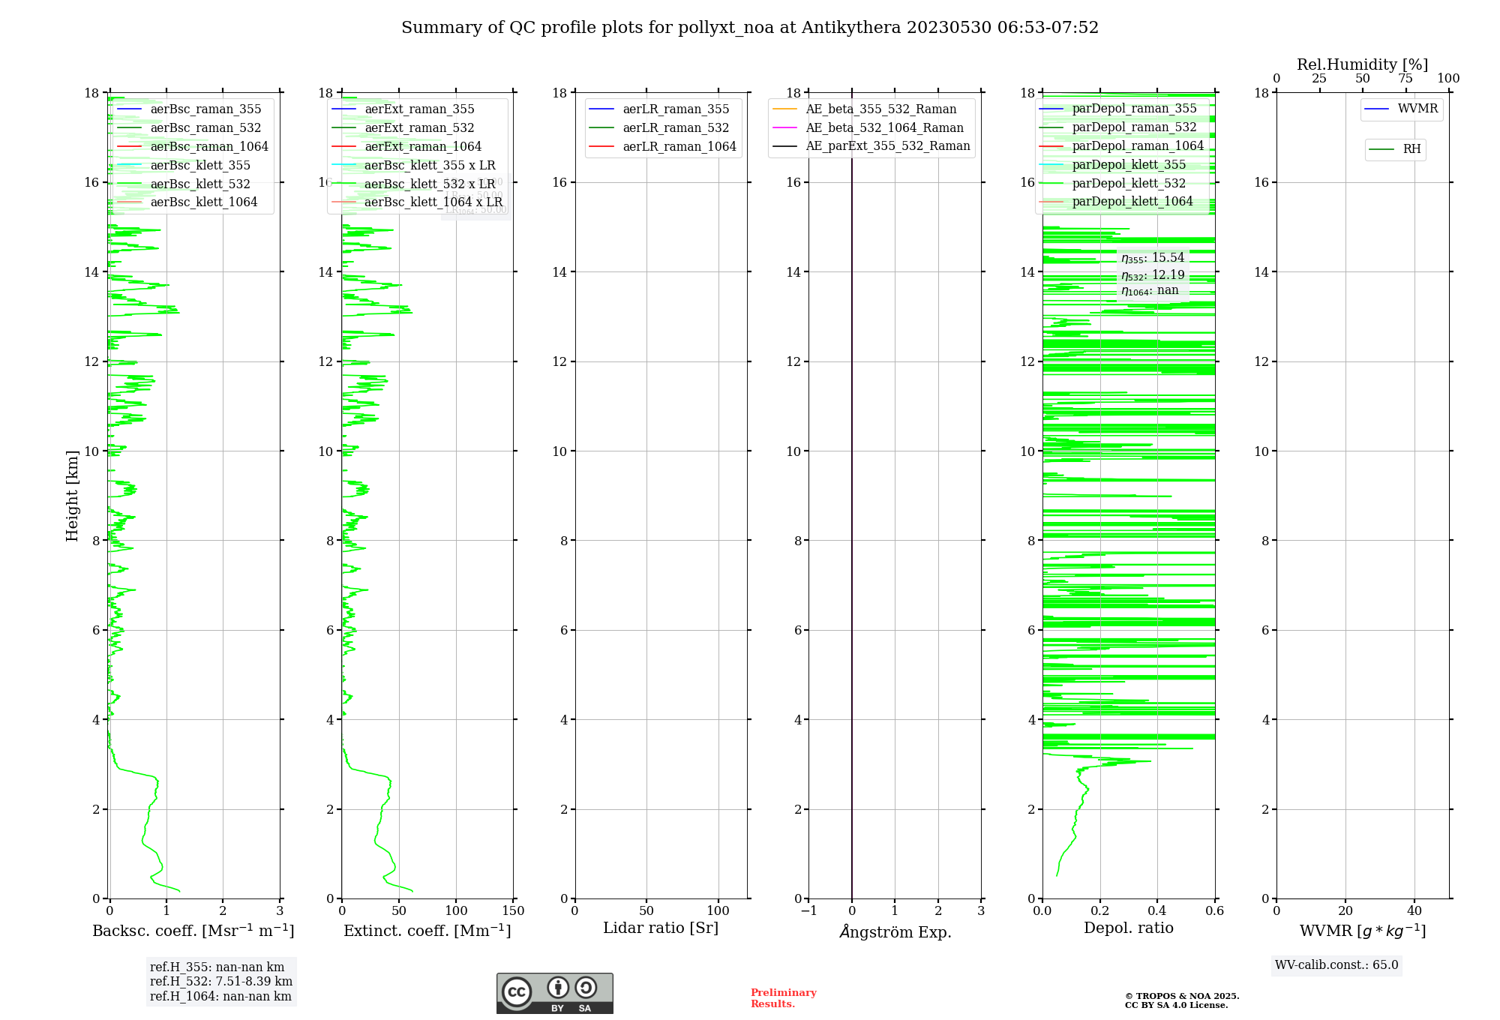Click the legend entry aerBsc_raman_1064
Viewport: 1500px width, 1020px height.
point(208,146)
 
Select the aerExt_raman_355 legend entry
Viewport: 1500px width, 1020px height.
point(419,109)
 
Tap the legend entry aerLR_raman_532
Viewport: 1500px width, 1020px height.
point(675,128)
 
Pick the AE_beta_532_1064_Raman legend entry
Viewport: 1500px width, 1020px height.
point(884,128)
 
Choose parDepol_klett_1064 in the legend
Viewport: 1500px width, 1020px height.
point(1132,202)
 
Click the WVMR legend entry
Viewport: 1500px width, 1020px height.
point(1417,109)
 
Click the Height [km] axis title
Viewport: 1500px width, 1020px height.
point(72,496)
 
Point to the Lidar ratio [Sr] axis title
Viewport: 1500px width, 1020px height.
point(660,928)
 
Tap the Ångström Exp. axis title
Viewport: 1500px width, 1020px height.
point(895,931)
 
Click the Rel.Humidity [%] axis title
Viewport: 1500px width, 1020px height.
point(1362,64)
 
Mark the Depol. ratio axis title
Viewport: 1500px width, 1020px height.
point(1128,928)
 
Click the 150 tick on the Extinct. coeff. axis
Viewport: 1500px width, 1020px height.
point(514,911)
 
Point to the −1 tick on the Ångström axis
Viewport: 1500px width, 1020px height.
point(808,911)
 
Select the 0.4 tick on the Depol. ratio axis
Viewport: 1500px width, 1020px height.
point(1157,911)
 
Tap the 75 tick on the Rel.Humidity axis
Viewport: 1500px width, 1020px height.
point(1405,79)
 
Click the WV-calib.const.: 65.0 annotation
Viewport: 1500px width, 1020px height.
point(1336,965)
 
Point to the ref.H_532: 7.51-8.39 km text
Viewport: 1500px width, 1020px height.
point(221,982)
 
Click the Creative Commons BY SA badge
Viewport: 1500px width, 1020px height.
point(554,994)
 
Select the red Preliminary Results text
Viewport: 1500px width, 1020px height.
point(783,998)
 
